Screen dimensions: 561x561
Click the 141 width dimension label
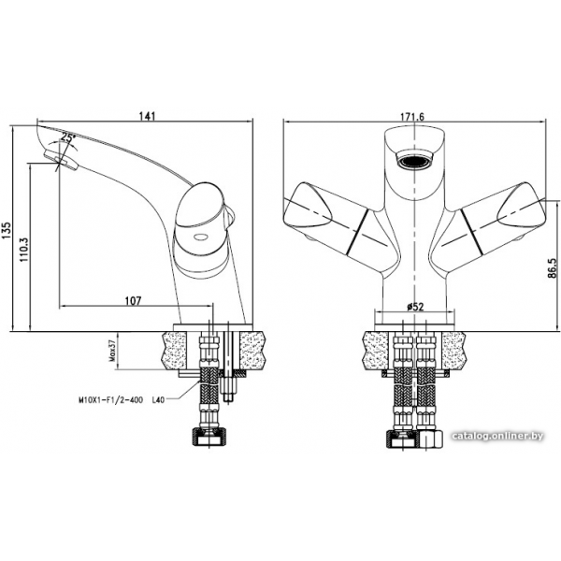(x=147, y=116)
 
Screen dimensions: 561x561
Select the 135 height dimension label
(x=7, y=230)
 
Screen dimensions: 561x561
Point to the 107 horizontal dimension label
(x=133, y=301)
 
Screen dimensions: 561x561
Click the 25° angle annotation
(x=68, y=137)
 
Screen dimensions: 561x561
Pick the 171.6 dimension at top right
(x=411, y=117)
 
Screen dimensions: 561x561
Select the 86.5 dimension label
(x=552, y=268)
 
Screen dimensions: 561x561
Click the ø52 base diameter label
(x=415, y=307)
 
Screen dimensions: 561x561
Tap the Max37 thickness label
(x=112, y=351)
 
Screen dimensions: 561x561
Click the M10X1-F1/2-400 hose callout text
(x=110, y=400)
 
